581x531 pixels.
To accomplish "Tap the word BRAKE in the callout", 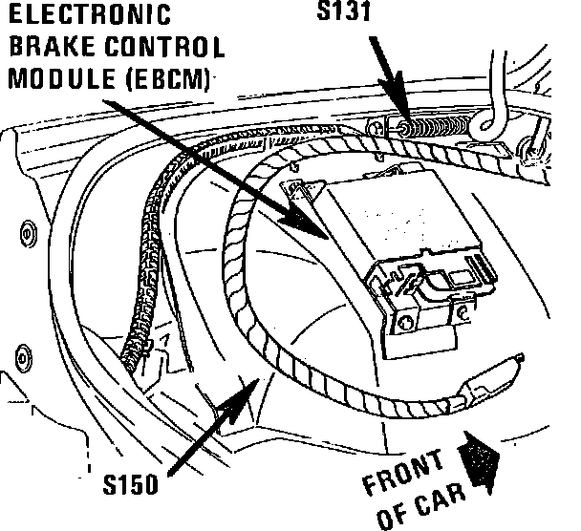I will (48, 47).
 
